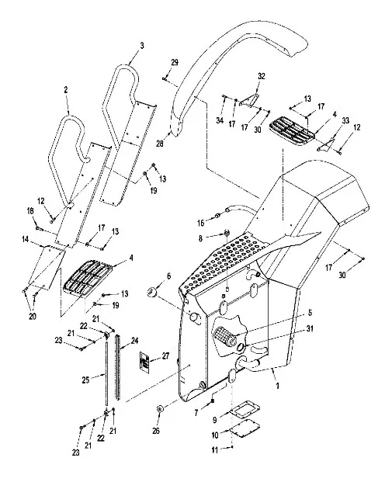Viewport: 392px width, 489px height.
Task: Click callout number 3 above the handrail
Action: click(x=142, y=46)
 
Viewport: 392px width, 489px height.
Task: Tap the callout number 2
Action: click(x=65, y=90)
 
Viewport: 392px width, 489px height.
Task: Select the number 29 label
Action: click(x=175, y=62)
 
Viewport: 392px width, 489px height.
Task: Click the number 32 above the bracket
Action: click(x=262, y=76)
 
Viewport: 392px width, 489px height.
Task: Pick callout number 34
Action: click(x=220, y=120)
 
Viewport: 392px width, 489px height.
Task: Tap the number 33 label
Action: click(x=345, y=120)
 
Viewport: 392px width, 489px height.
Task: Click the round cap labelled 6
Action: click(x=151, y=293)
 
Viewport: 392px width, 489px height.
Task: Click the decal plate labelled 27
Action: click(x=144, y=362)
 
